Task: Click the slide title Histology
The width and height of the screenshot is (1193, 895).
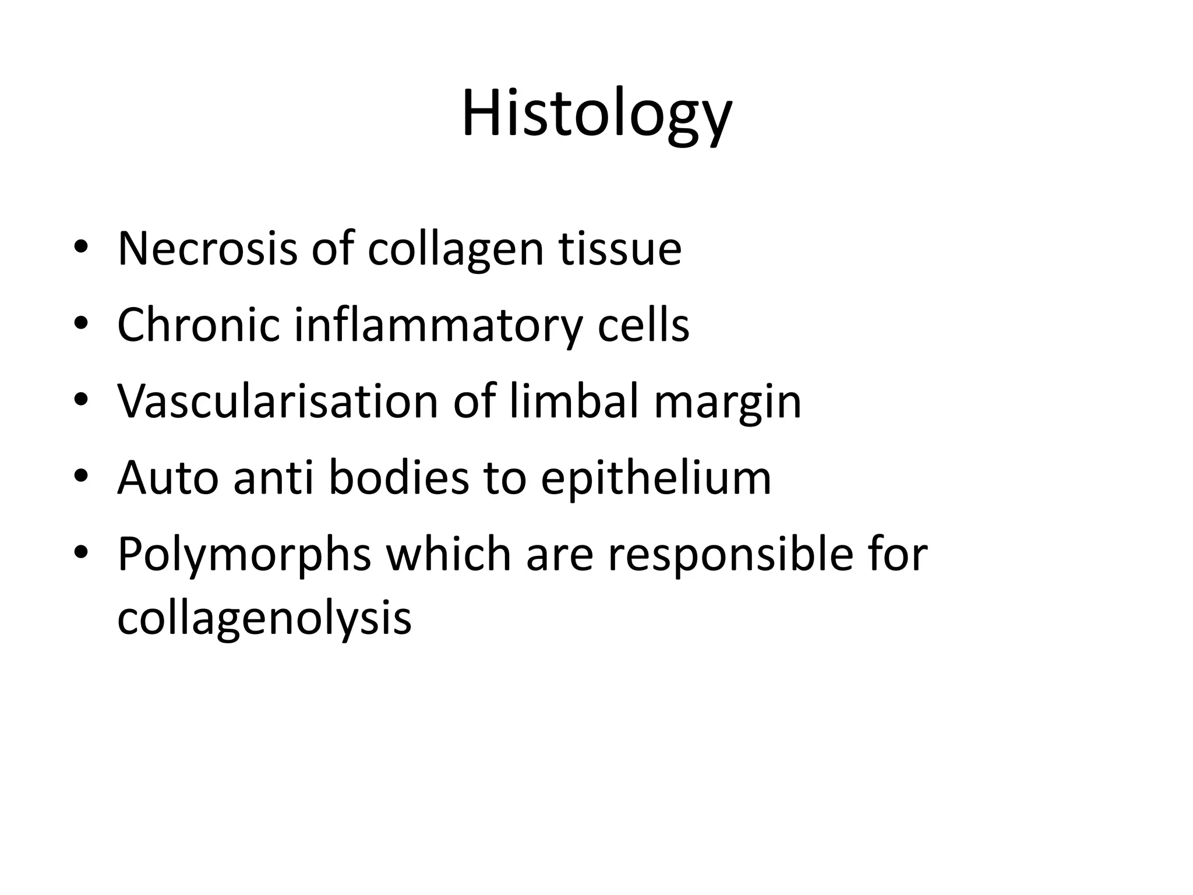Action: (x=596, y=114)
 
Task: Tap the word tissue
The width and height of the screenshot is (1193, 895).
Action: (x=620, y=249)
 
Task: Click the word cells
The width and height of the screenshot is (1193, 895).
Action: (x=643, y=325)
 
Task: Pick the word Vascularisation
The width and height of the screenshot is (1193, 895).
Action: (x=277, y=401)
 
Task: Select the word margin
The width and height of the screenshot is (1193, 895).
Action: (x=728, y=401)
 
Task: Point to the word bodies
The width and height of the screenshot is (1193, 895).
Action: (x=398, y=478)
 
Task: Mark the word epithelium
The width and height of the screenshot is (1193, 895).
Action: (x=656, y=478)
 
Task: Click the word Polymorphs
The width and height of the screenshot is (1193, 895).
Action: (x=244, y=554)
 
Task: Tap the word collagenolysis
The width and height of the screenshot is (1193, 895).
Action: (x=264, y=618)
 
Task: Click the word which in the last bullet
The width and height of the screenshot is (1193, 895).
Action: (x=449, y=554)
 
